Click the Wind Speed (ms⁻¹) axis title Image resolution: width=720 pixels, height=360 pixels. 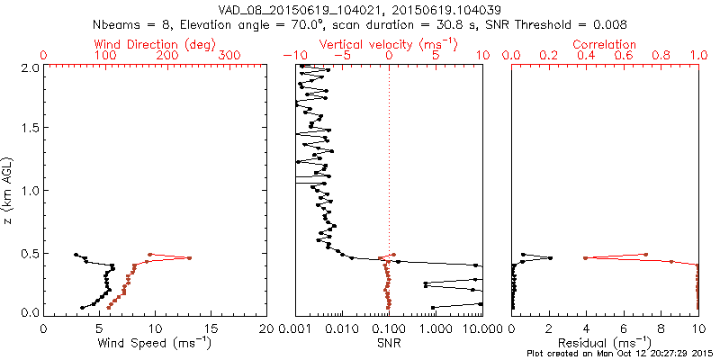pyautogui.click(x=155, y=341)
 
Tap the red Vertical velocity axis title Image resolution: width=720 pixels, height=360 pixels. pyautogui.click(x=388, y=43)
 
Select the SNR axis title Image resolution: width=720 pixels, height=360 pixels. pyautogui.click(x=388, y=341)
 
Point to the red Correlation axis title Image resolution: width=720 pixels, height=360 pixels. pyautogui.click(x=605, y=43)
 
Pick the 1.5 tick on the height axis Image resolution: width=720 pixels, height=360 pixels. pyautogui.click(x=31, y=128)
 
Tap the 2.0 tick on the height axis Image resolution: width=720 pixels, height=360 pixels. pyautogui.click(x=31, y=67)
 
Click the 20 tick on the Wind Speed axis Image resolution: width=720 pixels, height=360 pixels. pyautogui.click(x=265, y=328)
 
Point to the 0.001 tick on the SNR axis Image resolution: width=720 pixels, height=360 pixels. pyautogui.click(x=295, y=328)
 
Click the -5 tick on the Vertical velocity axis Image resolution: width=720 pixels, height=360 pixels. pyautogui.click(x=342, y=55)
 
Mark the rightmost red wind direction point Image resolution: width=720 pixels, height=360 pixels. pyautogui.click(x=189, y=258)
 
